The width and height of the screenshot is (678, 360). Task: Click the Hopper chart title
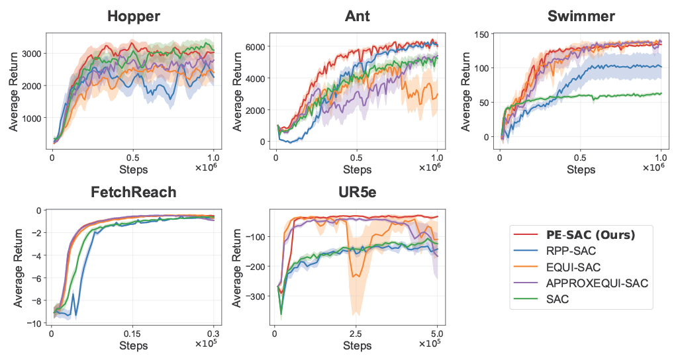coord(134,17)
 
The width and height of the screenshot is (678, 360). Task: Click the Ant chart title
coord(357,17)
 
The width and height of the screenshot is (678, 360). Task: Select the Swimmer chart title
coord(581,17)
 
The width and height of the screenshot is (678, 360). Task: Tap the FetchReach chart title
coord(133,193)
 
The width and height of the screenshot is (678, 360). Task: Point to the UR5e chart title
coord(357,193)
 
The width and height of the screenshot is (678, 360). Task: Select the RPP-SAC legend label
coord(571,251)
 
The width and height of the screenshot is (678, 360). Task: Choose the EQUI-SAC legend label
coord(573,267)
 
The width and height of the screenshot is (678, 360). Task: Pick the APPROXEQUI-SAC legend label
coord(597,283)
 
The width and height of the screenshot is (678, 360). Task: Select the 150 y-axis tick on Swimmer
coord(482,34)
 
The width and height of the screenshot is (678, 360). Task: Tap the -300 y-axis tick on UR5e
coord(254,296)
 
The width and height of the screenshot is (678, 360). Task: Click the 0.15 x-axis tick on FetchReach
coord(132,334)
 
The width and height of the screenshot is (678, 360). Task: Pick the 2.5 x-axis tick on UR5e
coord(356,334)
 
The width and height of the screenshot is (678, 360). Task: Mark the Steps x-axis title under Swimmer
coord(581,170)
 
